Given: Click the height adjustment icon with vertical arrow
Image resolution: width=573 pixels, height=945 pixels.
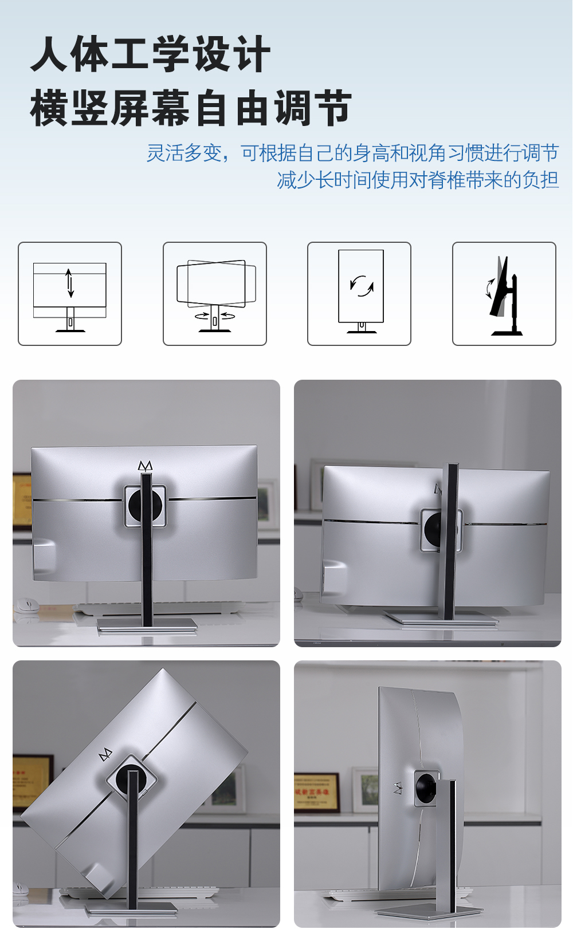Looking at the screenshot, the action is click(70, 294).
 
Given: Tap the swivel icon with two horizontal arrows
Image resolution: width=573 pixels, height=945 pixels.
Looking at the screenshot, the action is click(215, 294).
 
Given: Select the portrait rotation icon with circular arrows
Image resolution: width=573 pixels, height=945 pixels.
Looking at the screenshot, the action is click(359, 294).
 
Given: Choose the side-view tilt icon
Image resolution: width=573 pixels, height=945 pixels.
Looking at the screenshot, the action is click(504, 294).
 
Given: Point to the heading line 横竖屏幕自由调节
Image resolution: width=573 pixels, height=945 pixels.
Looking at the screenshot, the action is click(191, 108).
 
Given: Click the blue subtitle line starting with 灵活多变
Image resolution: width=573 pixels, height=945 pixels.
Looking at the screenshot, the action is click(353, 153).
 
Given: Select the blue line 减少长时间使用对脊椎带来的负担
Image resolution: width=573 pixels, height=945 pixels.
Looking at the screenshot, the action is click(418, 180).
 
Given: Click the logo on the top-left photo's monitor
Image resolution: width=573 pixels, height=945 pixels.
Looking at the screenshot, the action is click(145, 466).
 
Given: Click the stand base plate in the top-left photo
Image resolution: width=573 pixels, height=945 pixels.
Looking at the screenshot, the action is click(147, 625).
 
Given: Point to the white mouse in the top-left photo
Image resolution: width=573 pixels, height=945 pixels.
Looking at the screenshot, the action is click(26, 605).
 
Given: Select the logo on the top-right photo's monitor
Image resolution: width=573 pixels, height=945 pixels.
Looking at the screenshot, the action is click(438, 489).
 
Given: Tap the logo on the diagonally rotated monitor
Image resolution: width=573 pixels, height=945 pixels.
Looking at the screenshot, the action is click(105, 755).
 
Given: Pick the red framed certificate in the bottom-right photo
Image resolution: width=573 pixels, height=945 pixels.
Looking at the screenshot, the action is click(316, 792).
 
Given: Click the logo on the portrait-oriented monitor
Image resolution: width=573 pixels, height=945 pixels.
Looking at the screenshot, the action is click(398, 788).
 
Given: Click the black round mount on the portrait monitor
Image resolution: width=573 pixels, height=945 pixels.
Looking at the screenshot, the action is click(427, 787).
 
